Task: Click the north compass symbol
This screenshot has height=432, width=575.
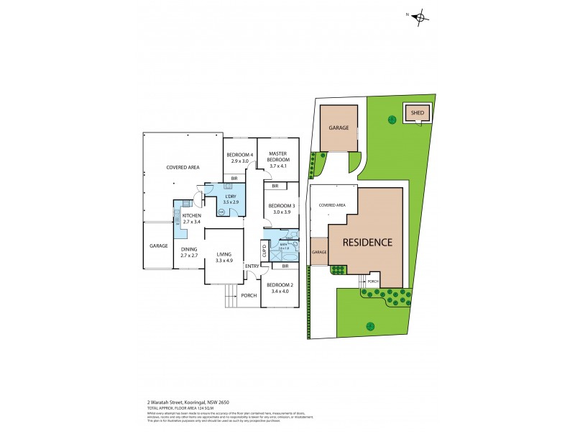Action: [421, 19]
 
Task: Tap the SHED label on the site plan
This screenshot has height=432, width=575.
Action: [417, 113]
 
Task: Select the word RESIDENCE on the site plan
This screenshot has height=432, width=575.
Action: [367, 242]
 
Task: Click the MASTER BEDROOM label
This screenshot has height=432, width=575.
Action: [277, 156]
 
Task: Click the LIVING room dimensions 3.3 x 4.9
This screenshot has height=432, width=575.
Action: [224, 260]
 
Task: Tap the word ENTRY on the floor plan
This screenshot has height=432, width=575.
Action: [252, 267]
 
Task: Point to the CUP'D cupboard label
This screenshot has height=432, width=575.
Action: [264, 251]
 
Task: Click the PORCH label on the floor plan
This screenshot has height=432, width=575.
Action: [249, 295]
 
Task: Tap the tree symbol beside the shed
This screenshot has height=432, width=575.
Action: [392, 119]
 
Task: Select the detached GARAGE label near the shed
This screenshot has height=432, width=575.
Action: [339, 127]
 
